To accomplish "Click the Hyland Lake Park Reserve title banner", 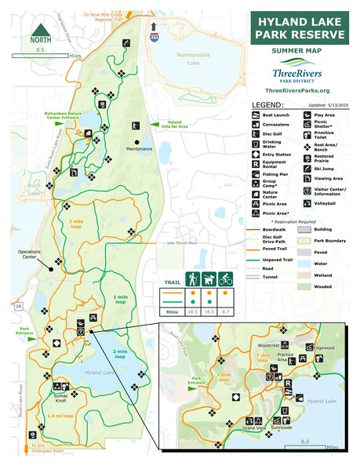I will pyautogui.click(x=299, y=27).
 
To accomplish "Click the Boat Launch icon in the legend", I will pyautogui.click(x=256, y=115).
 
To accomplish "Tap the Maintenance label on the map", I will pyautogui.click(x=138, y=147).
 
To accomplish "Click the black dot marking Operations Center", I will pyautogui.click(x=53, y=269).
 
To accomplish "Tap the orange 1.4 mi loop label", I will pyautogui.click(x=58, y=414).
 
